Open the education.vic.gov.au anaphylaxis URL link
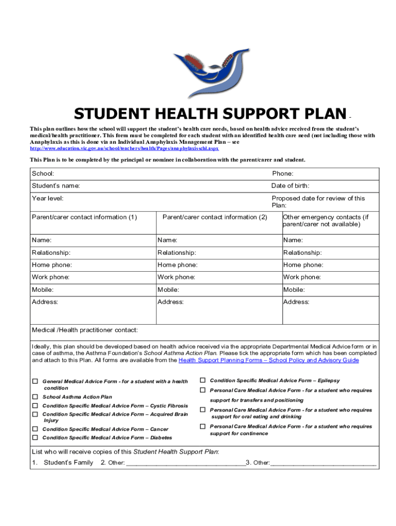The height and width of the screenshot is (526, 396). tap(124, 148)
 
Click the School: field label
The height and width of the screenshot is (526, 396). tap(43, 174)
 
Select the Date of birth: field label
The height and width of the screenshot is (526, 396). tap(290, 186)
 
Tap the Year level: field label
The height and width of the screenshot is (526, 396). tap(48, 198)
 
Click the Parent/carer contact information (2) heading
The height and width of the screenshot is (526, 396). tap(214, 217)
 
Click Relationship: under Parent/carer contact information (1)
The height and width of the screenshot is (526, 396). tap(51, 253)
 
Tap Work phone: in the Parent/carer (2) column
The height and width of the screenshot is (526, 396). tap(176, 277)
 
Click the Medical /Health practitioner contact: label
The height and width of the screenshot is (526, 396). tap(85, 330)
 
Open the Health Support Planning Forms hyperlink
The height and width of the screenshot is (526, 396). tap(268, 361)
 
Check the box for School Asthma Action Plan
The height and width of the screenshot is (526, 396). tap(35, 397)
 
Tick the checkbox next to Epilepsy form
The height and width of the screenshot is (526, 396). tap(203, 381)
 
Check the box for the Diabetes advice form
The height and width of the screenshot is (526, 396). tap(35, 438)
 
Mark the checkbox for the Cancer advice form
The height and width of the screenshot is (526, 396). tap(35, 429)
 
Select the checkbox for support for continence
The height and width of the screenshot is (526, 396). tap(203, 426)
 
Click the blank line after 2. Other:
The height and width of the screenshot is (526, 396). tap(186, 463)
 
